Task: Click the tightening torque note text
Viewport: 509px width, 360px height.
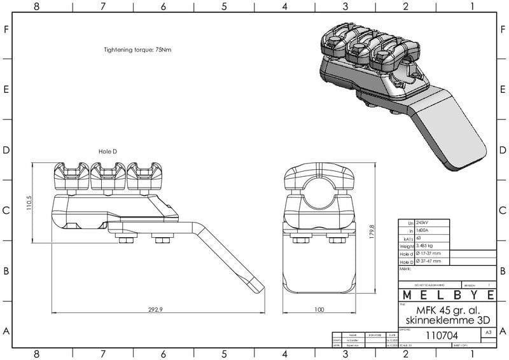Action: click(x=137, y=50)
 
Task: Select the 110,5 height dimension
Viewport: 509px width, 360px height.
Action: click(x=29, y=204)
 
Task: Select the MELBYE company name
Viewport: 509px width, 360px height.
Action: click(x=447, y=296)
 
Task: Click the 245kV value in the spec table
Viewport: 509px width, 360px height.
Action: click(x=422, y=223)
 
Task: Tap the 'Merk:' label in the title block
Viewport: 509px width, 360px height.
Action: click(x=405, y=269)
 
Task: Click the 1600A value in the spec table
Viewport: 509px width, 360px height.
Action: click(x=422, y=230)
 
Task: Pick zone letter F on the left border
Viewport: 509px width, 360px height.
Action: click(x=6, y=30)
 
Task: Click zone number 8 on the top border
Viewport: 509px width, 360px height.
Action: click(x=37, y=6)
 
